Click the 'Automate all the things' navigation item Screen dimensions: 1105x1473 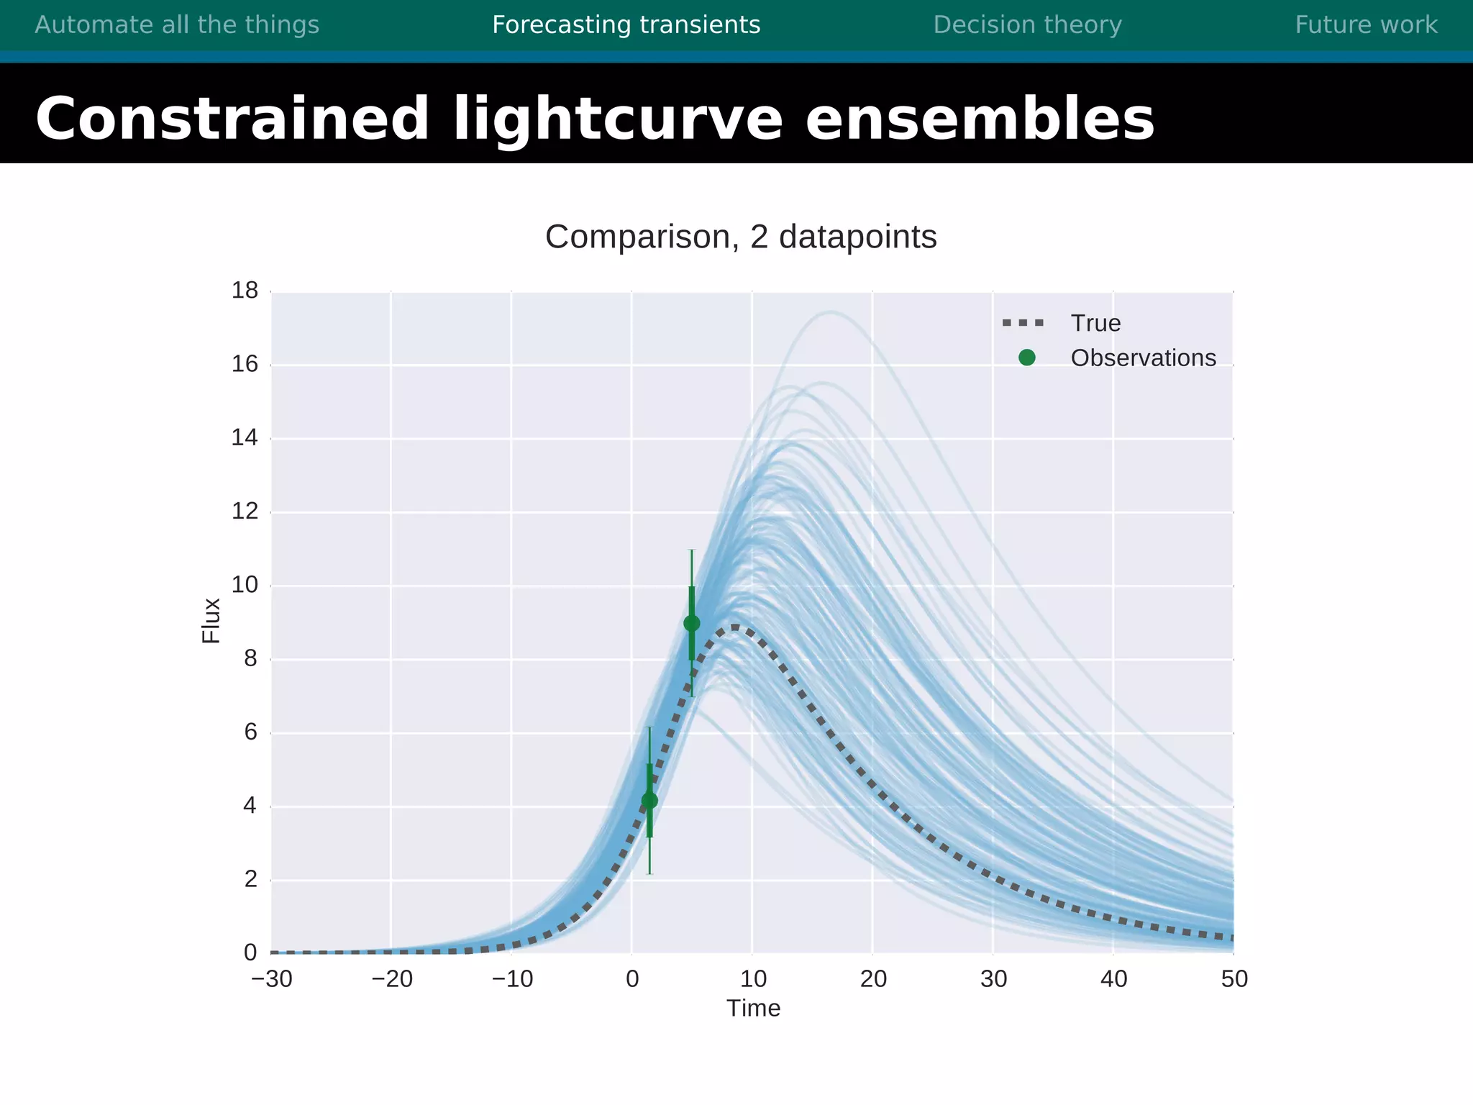[177, 25]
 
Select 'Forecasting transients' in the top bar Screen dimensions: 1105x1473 [626, 25]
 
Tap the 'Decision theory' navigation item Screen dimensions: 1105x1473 [1027, 25]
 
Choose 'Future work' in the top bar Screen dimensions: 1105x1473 [1366, 25]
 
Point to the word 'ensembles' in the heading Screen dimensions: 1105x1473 [980, 119]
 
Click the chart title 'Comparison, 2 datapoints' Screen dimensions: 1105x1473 [741, 237]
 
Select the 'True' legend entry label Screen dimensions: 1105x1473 [1095, 324]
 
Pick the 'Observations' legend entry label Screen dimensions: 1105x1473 [1143, 358]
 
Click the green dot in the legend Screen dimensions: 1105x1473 [1027, 358]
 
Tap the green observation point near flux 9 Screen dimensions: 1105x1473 [692, 623]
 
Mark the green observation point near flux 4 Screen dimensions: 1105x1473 [649, 801]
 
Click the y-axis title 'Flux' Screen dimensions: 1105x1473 [211, 620]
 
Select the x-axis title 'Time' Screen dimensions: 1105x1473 [753, 1009]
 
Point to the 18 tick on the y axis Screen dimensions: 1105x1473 [245, 291]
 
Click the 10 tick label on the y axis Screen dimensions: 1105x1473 [245, 585]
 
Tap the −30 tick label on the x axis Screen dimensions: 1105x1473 [272, 979]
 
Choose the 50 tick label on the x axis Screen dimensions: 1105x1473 [1234, 979]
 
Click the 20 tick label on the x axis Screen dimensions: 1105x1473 [873, 979]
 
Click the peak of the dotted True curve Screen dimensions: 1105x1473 [735, 627]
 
